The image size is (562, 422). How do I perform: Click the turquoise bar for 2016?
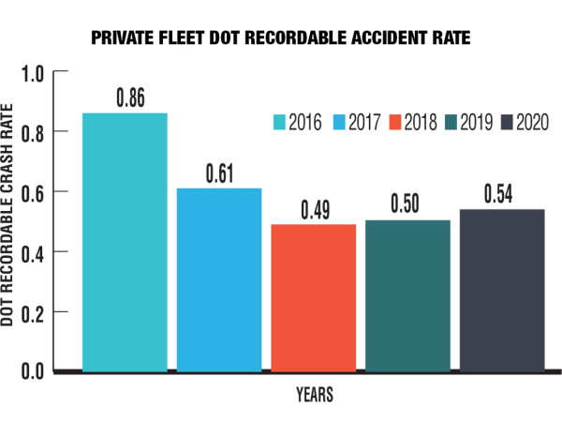point(125,242)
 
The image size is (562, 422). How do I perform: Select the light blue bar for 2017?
point(219,279)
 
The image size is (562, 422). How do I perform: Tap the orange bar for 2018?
point(314,297)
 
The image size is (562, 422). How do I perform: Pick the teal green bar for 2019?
point(407,295)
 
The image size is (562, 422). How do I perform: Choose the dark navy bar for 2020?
point(502,290)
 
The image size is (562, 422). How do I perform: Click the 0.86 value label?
point(128,98)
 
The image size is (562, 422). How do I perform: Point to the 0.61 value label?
point(219,173)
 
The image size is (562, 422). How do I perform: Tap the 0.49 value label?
point(315,209)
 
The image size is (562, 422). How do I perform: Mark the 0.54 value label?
point(502,194)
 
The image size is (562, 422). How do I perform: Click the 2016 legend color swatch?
point(279,123)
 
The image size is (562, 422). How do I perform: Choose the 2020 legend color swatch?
point(507,123)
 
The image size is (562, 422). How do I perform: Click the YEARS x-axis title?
point(313,395)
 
